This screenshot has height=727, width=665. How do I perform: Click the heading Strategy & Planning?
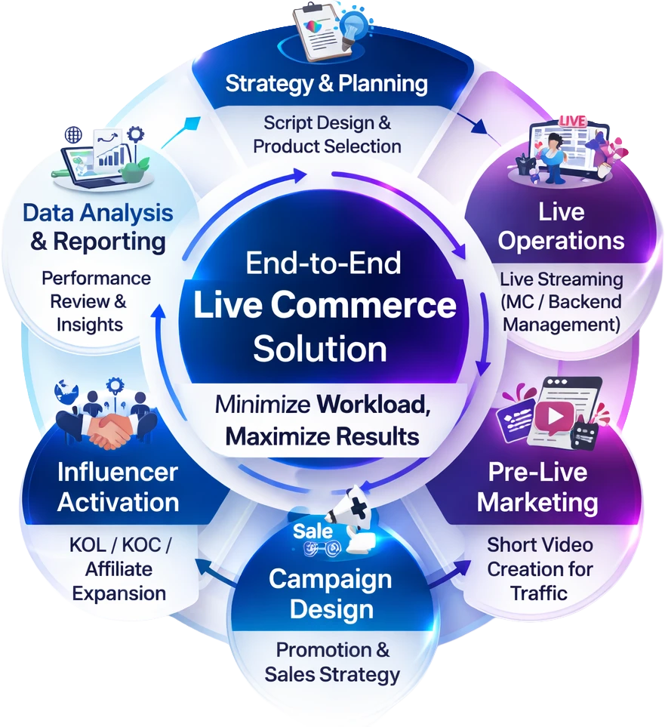pos(326,83)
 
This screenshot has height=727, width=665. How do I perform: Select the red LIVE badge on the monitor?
pos(572,121)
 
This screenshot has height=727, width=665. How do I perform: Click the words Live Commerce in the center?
pos(325,306)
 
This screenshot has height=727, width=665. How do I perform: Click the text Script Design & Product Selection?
pos(327,134)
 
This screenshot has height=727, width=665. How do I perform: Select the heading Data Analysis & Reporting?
pos(98,226)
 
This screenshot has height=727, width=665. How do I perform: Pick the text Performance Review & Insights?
pos(95,301)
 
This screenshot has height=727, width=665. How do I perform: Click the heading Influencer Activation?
pos(118,487)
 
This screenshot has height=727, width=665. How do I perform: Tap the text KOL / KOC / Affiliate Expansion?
pos(119,568)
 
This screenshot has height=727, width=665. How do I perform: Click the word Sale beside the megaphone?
pos(312,531)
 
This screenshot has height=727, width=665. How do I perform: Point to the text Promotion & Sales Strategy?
pos(332,661)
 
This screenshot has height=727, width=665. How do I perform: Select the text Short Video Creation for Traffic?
pos(540,568)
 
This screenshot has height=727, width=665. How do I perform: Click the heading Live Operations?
pos(561,226)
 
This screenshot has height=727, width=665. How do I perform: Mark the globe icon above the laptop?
pos(74,135)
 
